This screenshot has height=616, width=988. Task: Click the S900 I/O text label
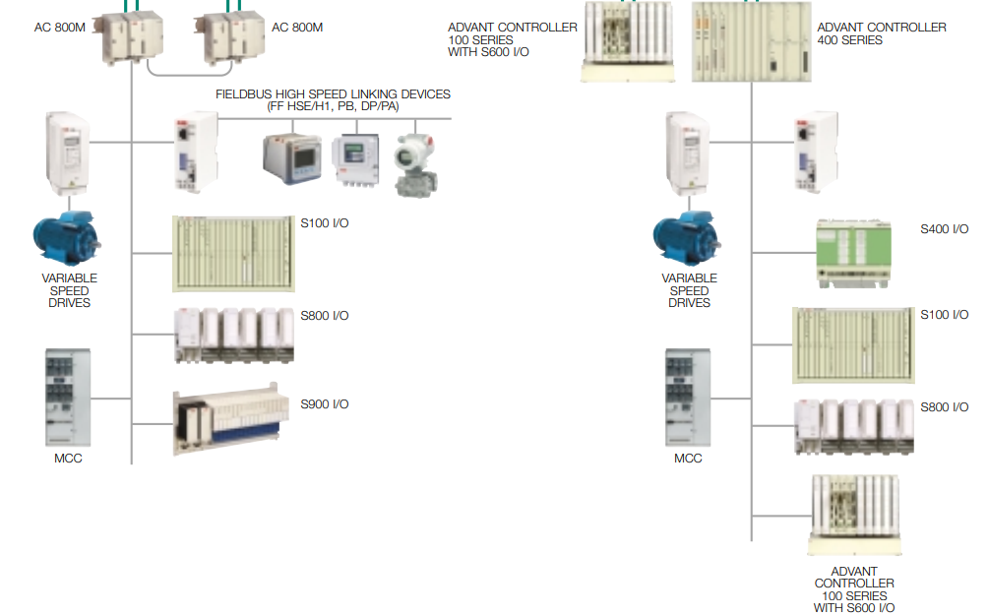click(325, 404)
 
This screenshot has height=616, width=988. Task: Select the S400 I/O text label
click(945, 229)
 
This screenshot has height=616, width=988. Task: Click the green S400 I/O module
click(853, 252)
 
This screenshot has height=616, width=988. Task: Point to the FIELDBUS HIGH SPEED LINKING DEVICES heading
click(333, 94)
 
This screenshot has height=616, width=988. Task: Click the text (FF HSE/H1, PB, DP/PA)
click(333, 105)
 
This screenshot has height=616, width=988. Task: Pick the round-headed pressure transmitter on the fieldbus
click(413, 160)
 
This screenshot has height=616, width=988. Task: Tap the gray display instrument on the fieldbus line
click(291, 156)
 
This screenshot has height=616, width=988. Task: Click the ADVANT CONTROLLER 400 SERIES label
click(882, 33)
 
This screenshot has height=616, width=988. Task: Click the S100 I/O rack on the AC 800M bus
click(234, 253)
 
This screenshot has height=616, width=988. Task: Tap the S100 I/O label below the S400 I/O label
click(945, 315)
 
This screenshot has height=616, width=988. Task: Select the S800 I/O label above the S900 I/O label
click(325, 316)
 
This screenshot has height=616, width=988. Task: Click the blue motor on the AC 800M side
click(68, 237)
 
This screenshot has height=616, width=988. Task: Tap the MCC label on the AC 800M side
click(68, 459)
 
